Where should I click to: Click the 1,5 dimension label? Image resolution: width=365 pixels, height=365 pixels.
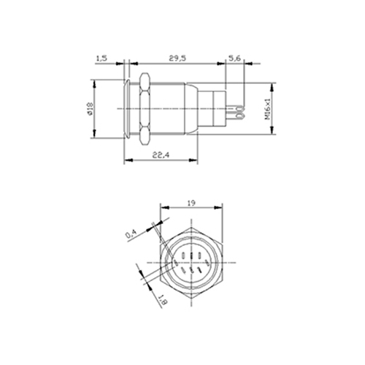pos(102,58)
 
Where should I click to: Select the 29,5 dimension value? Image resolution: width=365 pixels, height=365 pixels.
pos(177,58)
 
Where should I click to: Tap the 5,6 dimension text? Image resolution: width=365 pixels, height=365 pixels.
pos(234,58)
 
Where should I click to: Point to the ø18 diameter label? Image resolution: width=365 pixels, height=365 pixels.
pos(90,109)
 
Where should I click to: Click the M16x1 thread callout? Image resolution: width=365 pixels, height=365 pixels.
pos(267,109)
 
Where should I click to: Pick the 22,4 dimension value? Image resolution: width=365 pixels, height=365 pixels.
pos(161,155)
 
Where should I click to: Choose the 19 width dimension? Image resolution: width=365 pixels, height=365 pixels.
pos(191,203)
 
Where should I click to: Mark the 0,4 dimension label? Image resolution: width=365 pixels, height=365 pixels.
pos(131,234)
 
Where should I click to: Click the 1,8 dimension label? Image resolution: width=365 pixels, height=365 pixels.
pos(163,300)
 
